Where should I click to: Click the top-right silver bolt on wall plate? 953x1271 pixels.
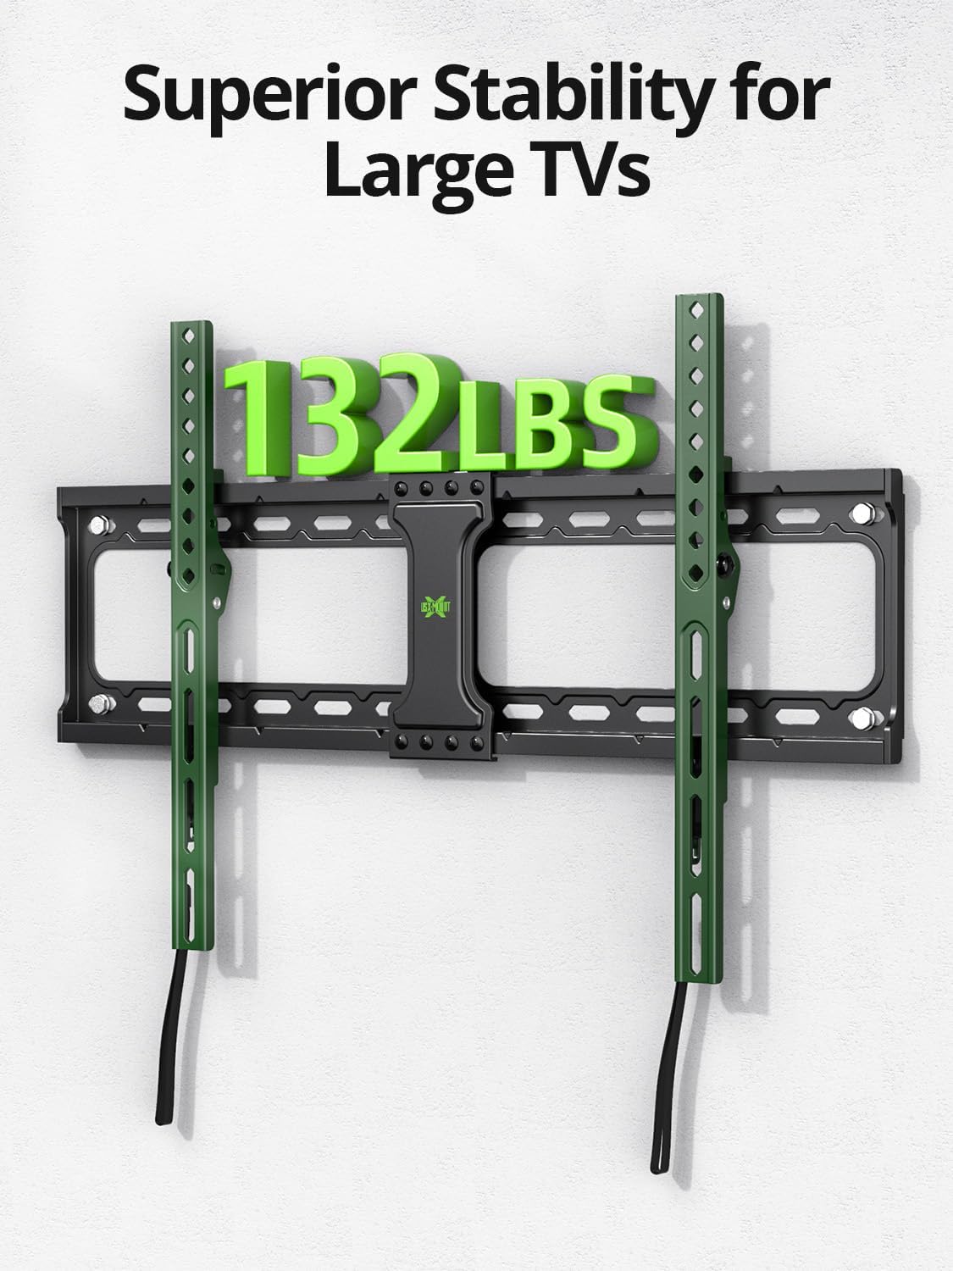click(x=862, y=512)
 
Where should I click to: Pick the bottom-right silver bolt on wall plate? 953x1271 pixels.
click(x=865, y=714)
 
